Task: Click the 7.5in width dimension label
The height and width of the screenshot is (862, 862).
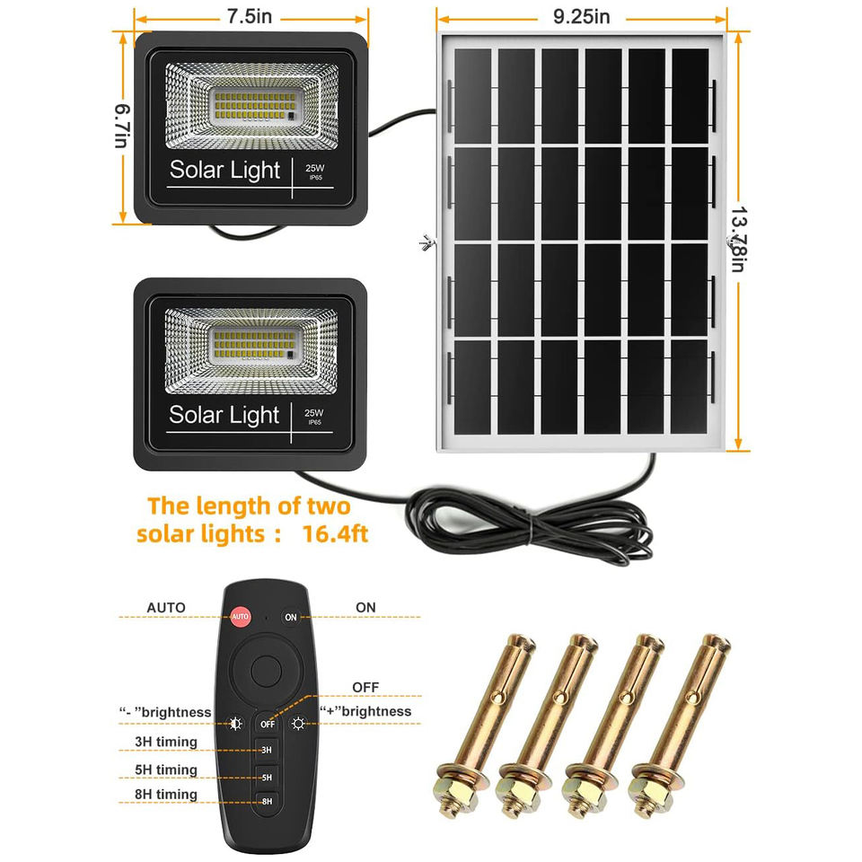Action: [x=251, y=16]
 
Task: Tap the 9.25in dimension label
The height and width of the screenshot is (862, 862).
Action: [x=581, y=16]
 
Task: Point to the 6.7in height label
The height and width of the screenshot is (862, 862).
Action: [x=121, y=128]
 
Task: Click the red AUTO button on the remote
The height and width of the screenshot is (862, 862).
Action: [x=240, y=617]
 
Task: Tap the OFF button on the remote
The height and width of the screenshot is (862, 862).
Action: [x=267, y=723]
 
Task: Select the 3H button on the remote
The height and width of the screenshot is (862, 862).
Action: [x=267, y=750]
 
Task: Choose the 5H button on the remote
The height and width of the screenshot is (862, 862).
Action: [x=267, y=776]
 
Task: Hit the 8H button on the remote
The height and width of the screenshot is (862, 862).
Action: [x=267, y=801]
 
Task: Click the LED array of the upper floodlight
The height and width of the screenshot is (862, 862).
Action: [x=251, y=105]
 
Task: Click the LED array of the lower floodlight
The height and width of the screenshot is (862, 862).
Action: [x=251, y=345]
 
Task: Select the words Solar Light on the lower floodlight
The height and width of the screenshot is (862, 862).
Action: [x=224, y=415]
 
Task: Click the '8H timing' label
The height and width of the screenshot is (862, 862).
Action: [x=165, y=795]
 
